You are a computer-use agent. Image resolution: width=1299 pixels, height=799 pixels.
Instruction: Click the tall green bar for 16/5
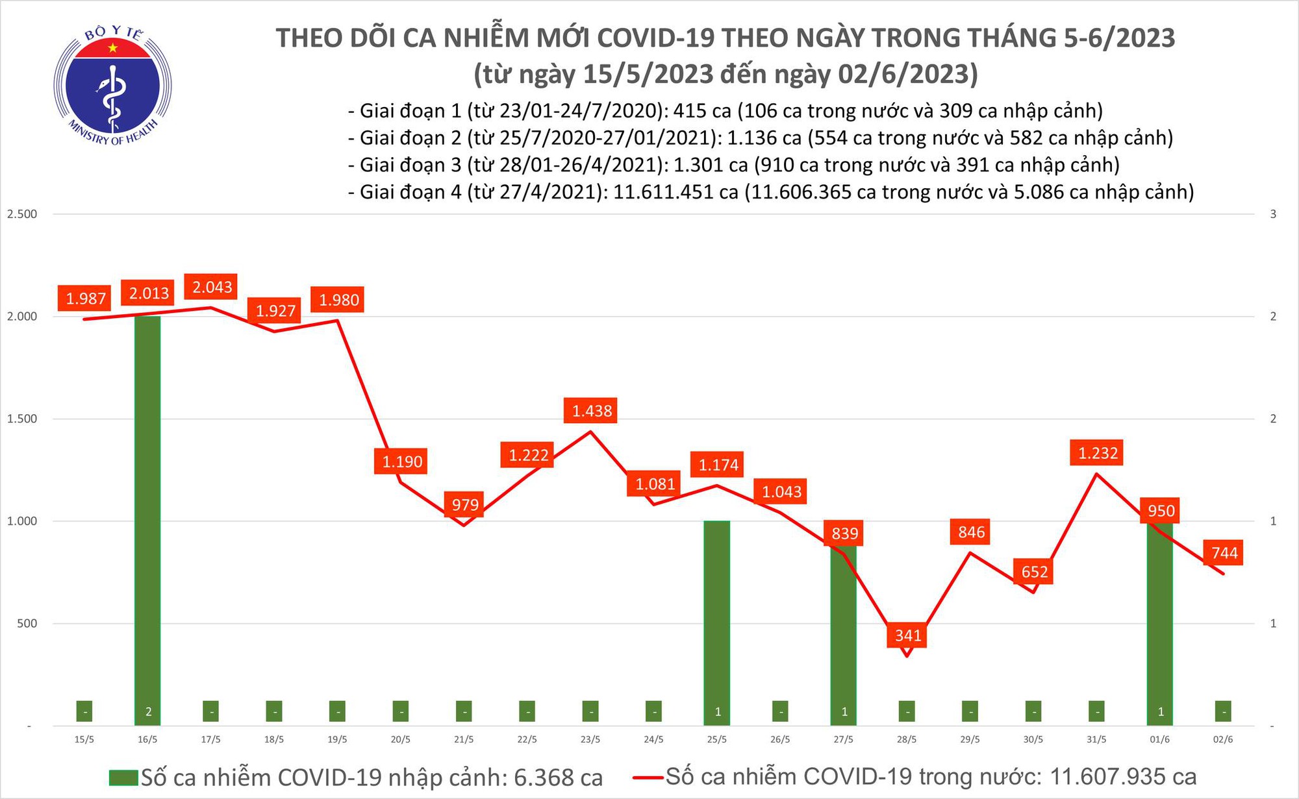coord(147,519)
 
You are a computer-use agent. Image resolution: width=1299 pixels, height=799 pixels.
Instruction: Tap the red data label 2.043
coord(212,287)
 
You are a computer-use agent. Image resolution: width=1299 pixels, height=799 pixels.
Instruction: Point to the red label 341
coord(908,635)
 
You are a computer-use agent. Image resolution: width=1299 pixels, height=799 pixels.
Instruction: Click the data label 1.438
coord(592,411)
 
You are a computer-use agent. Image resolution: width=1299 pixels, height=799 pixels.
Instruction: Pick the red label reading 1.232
coord(1098,452)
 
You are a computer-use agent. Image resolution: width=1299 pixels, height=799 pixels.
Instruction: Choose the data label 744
coord(1224,553)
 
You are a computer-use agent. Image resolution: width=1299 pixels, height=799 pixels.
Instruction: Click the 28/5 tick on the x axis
coord(907,740)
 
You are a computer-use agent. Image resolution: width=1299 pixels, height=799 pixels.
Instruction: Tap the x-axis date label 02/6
coord(1223,740)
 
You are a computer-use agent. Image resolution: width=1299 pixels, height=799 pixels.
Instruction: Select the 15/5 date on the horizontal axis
coord(84,740)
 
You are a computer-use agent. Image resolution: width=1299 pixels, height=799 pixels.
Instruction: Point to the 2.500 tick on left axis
coord(22,214)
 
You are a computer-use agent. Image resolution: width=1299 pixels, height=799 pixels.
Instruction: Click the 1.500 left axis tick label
coord(22,419)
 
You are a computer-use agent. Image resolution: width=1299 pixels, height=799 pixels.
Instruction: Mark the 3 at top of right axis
coord(1273,214)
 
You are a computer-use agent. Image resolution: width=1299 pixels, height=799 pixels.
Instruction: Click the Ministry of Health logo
coord(112,86)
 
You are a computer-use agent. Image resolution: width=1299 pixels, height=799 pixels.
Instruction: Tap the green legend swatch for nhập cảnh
coord(123,778)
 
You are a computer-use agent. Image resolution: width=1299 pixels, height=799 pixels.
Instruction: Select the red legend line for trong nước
coord(647,777)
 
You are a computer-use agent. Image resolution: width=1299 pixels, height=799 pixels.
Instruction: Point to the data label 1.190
coord(402,461)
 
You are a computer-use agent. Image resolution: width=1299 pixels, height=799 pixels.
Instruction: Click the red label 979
coord(465,504)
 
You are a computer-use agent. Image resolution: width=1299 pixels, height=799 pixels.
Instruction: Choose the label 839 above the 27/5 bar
coord(845,534)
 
